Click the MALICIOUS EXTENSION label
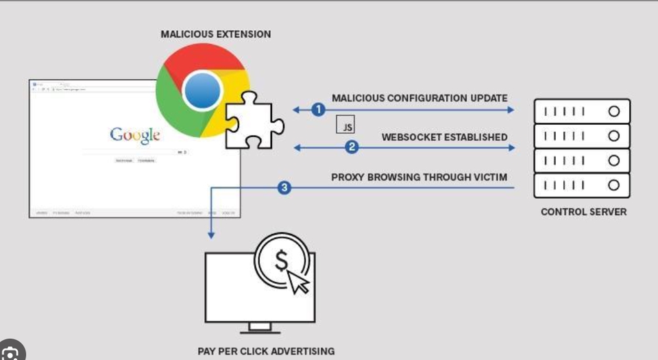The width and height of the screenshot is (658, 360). (215, 34)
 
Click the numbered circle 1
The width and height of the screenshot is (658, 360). (317, 110)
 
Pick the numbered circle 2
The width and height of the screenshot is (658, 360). (351, 147)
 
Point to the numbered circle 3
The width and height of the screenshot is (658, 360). (284, 187)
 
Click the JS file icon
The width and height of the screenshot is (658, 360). (345, 125)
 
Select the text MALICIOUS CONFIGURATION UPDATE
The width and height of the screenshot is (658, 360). (419, 98)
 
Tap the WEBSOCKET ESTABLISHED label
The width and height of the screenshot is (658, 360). (444, 136)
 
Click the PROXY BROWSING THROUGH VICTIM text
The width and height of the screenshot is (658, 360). (419, 177)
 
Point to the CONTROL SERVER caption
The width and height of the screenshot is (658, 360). (583, 212)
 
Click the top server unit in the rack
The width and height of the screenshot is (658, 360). (581, 111)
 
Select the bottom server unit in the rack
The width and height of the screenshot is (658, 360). (581, 185)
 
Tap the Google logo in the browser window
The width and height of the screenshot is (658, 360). (135, 134)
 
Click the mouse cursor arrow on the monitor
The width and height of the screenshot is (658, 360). (298, 280)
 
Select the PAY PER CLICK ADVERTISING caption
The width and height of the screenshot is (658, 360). (266, 351)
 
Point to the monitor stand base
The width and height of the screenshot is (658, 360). (260, 328)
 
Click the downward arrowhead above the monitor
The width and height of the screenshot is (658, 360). (211, 235)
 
